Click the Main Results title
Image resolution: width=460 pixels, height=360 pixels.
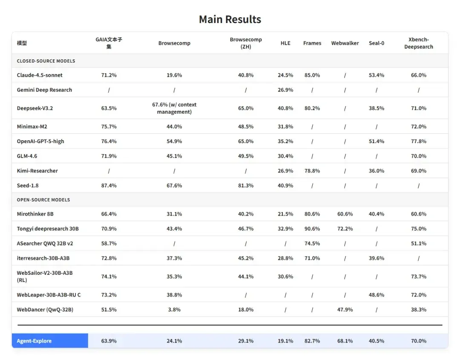230,20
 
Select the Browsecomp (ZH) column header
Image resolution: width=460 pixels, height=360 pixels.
246,43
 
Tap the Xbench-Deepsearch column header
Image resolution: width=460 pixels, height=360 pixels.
418,43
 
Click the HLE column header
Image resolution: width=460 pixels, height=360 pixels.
285,43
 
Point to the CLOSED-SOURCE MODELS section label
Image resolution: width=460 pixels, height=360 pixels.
46,61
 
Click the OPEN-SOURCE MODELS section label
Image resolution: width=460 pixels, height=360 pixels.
43,200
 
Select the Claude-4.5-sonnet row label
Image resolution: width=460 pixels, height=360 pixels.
40,75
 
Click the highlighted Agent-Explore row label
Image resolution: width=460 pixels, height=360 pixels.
34,341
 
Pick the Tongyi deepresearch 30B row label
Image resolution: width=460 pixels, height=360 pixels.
48,229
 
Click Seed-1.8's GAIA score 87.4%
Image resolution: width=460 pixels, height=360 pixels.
109,185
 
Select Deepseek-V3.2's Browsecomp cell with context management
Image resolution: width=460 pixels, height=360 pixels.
174,108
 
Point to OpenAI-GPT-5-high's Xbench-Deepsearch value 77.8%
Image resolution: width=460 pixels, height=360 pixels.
419,141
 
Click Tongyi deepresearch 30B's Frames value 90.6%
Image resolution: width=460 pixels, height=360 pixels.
312,229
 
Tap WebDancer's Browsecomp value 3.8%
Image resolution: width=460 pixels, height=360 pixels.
174,310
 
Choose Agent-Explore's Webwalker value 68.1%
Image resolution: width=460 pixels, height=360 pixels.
345,341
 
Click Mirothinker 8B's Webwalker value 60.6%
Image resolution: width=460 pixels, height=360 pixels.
345,214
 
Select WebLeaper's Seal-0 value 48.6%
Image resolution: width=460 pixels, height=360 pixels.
377,295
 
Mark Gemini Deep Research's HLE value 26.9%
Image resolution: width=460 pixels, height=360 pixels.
285,90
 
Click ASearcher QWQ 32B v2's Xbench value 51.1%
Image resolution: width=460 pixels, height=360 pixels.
419,244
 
